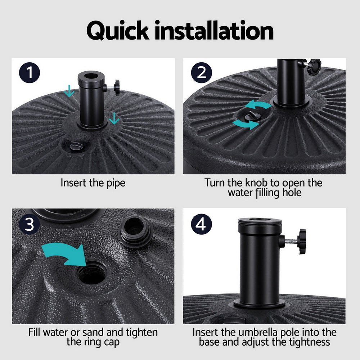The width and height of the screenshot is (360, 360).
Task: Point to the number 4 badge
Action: [201, 225]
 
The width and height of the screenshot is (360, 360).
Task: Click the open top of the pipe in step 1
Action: [91, 77]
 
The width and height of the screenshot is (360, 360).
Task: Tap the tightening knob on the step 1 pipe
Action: [116, 88]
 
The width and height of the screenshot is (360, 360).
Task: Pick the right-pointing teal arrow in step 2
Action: [246, 124]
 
